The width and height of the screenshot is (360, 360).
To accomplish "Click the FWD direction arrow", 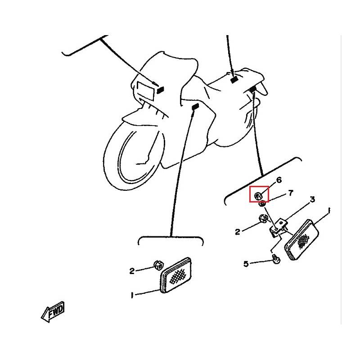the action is click(x=53, y=312).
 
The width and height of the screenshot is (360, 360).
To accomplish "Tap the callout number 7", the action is click(x=291, y=193).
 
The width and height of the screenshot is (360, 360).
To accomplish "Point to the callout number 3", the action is click(x=312, y=199).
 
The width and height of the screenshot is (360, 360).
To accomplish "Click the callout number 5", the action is click(x=246, y=264).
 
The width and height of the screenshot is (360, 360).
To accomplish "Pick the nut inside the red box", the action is click(x=258, y=196).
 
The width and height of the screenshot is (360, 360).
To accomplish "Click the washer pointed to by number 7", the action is click(x=262, y=204).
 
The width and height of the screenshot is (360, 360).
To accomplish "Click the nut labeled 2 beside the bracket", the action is click(x=262, y=219).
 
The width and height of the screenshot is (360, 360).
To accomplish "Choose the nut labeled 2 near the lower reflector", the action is click(x=158, y=265).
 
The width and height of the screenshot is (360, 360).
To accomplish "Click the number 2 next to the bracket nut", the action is click(x=238, y=232).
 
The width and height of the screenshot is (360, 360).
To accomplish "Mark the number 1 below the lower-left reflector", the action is click(x=132, y=295).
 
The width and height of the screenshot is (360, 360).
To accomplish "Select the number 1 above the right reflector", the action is click(x=329, y=211).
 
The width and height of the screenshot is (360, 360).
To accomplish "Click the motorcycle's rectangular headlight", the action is click(x=145, y=91).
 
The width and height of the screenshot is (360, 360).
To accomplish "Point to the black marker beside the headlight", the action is click(x=160, y=90).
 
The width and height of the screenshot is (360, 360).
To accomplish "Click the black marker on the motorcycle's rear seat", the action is click(x=234, y=80).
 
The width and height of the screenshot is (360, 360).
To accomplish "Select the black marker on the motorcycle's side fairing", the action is click(x=195, y=107).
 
